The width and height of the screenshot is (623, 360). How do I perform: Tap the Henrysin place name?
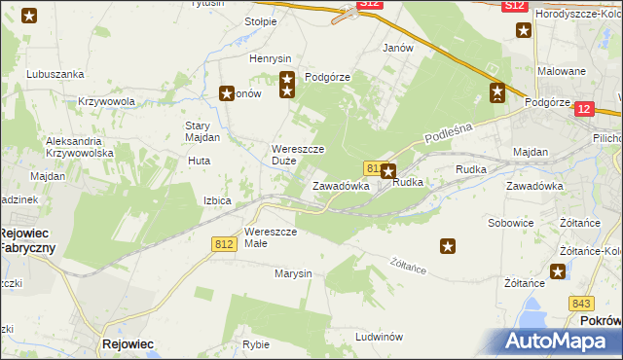pos(270,58)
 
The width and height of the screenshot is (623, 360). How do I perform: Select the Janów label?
pos(398,48)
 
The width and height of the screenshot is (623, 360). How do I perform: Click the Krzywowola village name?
pos(106,101)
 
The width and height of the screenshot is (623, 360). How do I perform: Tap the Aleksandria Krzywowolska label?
pos(81,148)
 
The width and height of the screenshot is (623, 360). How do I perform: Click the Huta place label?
pos(199,162)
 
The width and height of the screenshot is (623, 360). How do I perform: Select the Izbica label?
pos(217,200)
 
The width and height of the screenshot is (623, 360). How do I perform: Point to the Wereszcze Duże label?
pos(298,155)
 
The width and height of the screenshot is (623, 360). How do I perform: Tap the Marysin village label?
pos(292,273)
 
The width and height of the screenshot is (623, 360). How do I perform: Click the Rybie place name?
pos(256,344)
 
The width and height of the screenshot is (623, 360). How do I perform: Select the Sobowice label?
pos(510,223)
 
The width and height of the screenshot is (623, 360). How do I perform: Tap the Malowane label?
pos(563,71)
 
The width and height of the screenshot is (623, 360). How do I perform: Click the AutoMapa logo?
pos(558,342)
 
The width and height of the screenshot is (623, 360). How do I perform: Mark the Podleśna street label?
pos(448,129)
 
